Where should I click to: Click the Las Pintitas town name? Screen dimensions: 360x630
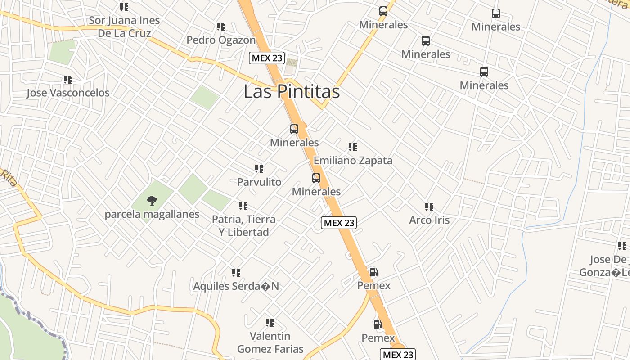[x=291, y=92]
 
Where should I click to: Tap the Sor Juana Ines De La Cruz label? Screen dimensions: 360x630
[x=124, y=27]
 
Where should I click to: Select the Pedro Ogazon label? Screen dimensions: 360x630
[x=220, y=40]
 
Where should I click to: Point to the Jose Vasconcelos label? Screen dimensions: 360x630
[x=68, y=93]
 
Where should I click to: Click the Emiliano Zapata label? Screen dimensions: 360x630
[x=353, y=161]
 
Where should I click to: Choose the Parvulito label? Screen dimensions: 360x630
[x=259, y=182]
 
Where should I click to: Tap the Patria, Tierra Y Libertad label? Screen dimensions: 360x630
[x=243, y=226]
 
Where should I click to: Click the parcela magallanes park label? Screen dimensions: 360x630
[x=152, y=214]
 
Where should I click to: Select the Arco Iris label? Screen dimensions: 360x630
[x=429, y=220]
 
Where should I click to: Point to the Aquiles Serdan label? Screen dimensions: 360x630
[x=236, y=286]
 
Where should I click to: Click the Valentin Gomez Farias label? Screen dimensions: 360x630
[x=270, y=342]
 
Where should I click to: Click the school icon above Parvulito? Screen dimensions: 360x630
[x=259, y=169]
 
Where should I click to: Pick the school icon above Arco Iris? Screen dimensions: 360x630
[x=429, y=207]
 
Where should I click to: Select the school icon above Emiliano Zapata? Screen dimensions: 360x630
[x=353, y=147]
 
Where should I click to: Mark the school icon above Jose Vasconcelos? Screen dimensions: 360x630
[x=68, y=80]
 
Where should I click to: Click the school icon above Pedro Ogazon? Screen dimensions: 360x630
[x=220, y=27]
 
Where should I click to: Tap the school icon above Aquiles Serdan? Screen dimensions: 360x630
[x=236, y=273]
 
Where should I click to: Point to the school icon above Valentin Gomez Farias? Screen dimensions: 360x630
[x=270, y=323]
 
